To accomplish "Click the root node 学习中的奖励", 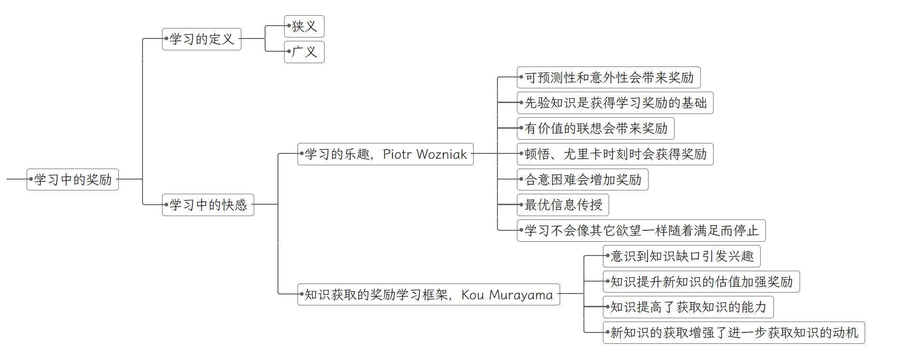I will (73, 180).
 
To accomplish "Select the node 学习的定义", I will (201, 39).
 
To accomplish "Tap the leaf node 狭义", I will (305, 26).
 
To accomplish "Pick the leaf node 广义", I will (305, 52).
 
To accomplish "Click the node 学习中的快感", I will (208, 205).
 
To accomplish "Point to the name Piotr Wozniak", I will (425, 154).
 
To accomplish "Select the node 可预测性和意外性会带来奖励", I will (609, 77).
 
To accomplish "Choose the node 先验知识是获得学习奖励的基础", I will (615, 103).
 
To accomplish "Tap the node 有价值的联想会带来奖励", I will (596, 128).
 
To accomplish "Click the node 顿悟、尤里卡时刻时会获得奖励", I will (615, 154).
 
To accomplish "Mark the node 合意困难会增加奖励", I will (583, 180).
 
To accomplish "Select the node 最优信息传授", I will (563, 205).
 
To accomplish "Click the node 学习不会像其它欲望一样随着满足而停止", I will (641, 230).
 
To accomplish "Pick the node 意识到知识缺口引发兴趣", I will (682, 256).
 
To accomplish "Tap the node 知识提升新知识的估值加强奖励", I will (701, 282).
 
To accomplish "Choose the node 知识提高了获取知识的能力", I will (688, 307).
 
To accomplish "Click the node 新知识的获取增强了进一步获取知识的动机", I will (734, 332).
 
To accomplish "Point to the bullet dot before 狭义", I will (289, 26).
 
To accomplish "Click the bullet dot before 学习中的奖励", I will (31, 179).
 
